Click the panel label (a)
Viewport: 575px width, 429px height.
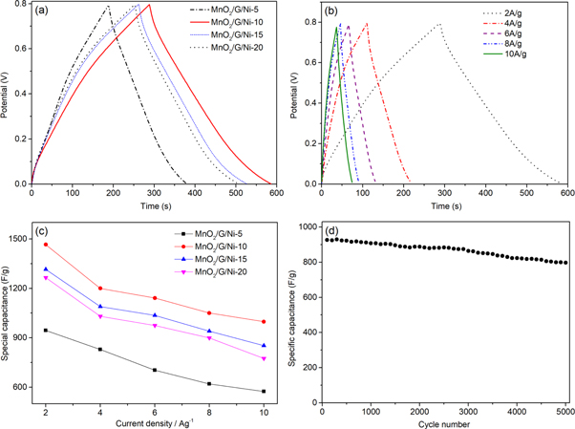click(45, 13)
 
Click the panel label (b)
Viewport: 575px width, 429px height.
click(333, 13)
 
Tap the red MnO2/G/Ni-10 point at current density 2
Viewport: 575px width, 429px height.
click(46, 245)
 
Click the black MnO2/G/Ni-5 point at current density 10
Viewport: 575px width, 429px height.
click(263, 391)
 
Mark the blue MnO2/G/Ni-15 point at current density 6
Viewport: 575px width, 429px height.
click(154, 315)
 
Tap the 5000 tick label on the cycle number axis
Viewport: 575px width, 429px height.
click(564, 412)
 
